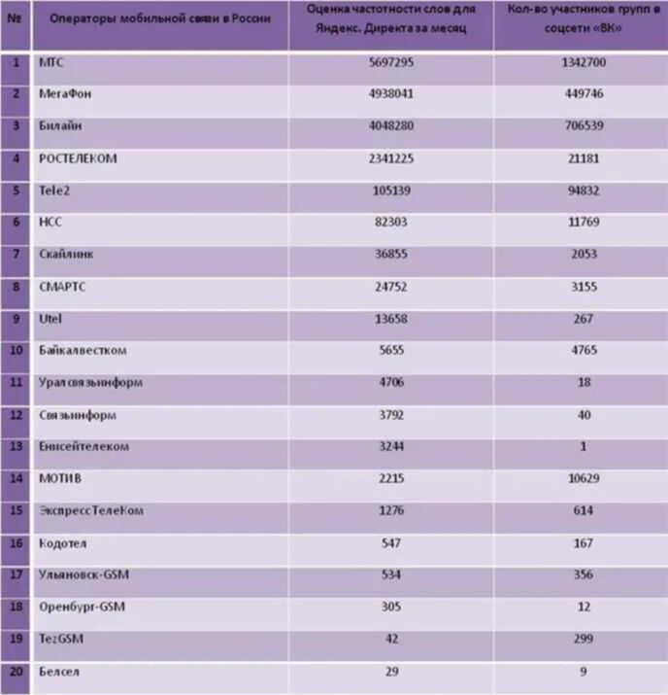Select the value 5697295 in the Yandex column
tap(391, 61)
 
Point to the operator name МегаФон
tap(65, 93)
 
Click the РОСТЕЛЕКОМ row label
tap(78, 157)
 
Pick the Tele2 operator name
tap(54, 190)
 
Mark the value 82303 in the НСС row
tap(391, 222)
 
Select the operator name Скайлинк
tap(67, 254)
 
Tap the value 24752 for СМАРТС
tap(391, 286)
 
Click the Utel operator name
tap(51, 318)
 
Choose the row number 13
tap(16, 446)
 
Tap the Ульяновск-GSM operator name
tap(84, 574)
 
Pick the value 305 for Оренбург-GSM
tap(391, 607)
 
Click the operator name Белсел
tap(59, 671)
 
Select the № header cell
tap(16, 19)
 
